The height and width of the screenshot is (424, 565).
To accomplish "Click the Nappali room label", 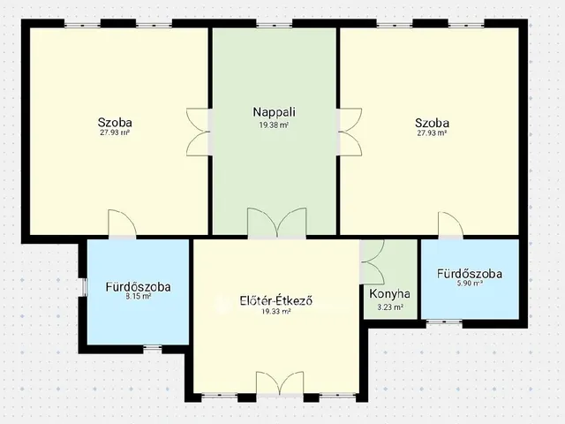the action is (275, 112).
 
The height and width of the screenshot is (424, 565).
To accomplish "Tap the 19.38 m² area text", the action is (274, 125).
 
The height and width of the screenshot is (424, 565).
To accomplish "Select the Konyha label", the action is (389, 294).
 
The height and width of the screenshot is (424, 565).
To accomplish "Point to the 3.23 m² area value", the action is (390, 307).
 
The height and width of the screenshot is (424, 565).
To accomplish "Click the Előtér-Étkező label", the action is (276, 300).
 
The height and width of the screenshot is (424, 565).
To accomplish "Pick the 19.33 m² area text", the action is (276, 312).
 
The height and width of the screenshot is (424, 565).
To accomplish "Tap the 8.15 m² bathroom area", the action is (138, 297).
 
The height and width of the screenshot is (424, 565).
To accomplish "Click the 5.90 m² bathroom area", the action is (470, 284).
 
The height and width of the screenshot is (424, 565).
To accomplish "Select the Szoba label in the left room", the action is (115, 122).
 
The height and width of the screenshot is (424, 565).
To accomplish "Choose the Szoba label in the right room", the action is (432, 123).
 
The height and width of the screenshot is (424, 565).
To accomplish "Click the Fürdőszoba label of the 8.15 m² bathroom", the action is (138, 287).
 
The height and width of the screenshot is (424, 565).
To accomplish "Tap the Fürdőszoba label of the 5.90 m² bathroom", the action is (470, 274).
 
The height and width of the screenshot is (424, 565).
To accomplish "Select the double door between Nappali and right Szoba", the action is (350, 132).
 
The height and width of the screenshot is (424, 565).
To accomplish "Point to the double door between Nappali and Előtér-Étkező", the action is (276, 223).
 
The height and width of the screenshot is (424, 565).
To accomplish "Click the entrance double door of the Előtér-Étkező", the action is (280, 382).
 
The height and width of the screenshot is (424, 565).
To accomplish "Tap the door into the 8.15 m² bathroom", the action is (123, 223).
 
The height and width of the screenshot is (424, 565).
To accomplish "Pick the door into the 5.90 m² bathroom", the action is (451, 226).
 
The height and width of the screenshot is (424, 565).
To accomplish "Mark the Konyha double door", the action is (372, 261).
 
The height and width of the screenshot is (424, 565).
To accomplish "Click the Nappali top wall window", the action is (275, 25).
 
